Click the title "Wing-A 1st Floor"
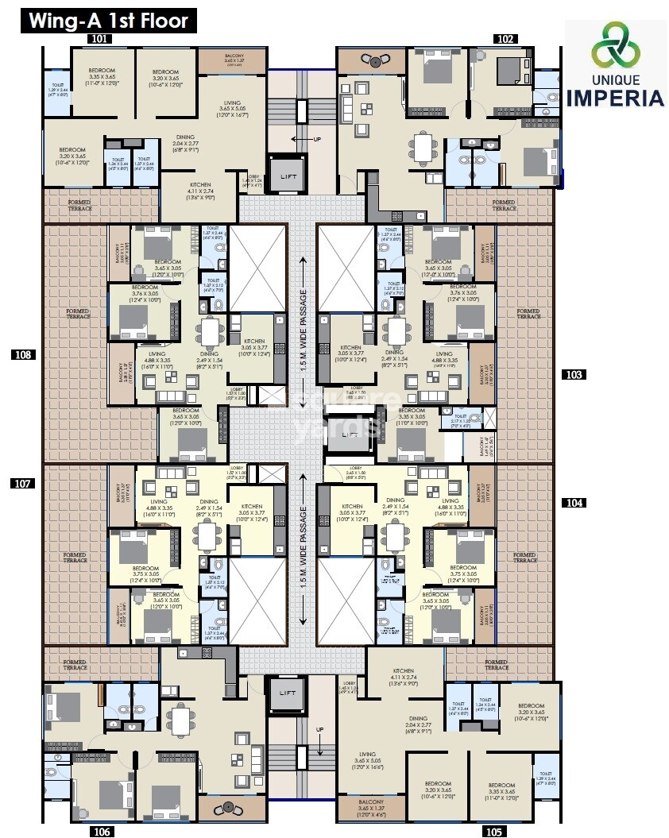point(109,20)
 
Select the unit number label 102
point(505,37)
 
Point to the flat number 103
point(574,374)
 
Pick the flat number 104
point(574,503)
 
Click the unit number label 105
point(493,832)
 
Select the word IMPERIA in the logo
point(616,98)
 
